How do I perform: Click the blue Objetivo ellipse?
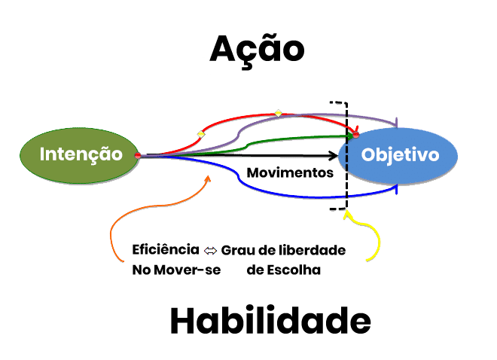pos(399,156)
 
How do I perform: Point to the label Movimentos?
pos(290,172)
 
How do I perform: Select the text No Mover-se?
pos(176,270)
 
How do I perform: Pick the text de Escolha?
pos(283,270)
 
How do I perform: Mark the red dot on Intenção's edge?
pos(137,155)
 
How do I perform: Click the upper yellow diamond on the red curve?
pos(278,113)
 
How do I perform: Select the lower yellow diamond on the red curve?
pos(200,133)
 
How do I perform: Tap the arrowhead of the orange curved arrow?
pos(209,178)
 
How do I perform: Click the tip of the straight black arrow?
pos(337,156)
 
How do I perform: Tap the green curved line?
pos(286,139)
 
